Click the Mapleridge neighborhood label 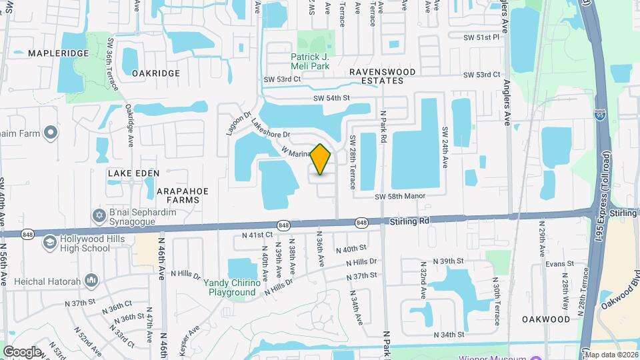58,52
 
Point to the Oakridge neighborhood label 156,73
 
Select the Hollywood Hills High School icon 49,243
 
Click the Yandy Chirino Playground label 232,287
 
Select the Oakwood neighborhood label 546,319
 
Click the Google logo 22,351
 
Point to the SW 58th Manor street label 399,197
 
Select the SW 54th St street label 331,98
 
